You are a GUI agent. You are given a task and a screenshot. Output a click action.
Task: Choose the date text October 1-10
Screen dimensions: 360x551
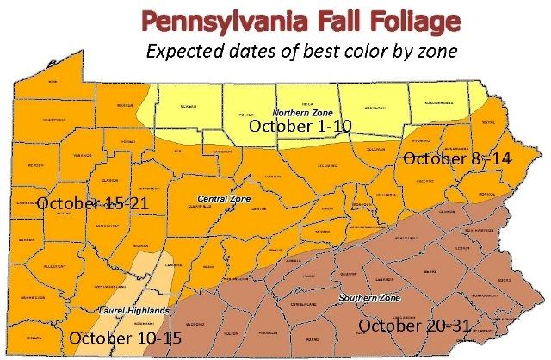(299, 127)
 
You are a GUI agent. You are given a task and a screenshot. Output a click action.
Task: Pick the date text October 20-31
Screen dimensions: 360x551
(416, 326)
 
